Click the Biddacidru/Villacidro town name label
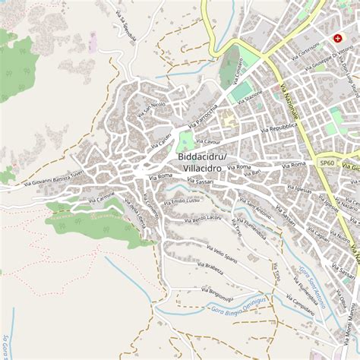pyautogui.click(x=201, y=163)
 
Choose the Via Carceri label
pyautogui.click(x=161, y=140)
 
